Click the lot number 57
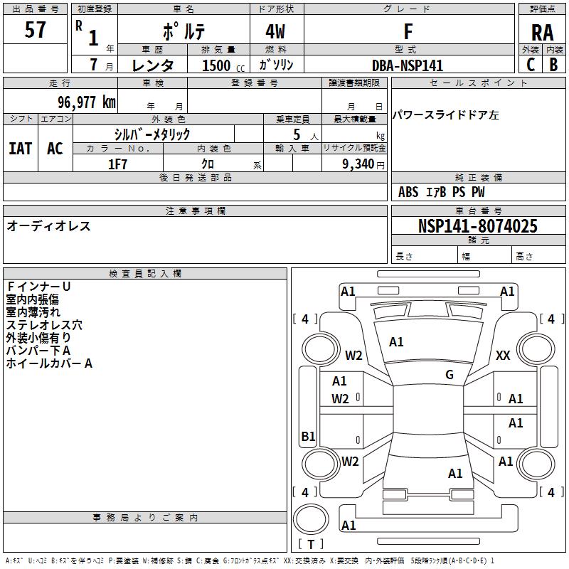tap(35, 30)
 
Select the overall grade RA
tap(542, 33)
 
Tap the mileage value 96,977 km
tap(87, 102)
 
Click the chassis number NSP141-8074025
tap(477, 226)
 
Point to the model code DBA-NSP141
tap(408, 65)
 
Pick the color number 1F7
tap(117, 164)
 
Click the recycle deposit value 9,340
tap(358, 164)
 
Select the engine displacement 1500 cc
tap(223, 65)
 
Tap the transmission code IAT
tap(20, 149)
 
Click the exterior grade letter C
tap(531, 65)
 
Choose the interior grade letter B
tap(553, 65)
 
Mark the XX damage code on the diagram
tap(503, 355)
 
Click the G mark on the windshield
tap(450, 375)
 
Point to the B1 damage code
tap(308, 436)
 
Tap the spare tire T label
tap(311, 544)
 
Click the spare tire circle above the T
tap(311, 503)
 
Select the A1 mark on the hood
tap(396, 342)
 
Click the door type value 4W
tap(275, 31)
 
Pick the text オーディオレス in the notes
tap(48, 226)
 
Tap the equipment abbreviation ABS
tap(408, 192)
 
